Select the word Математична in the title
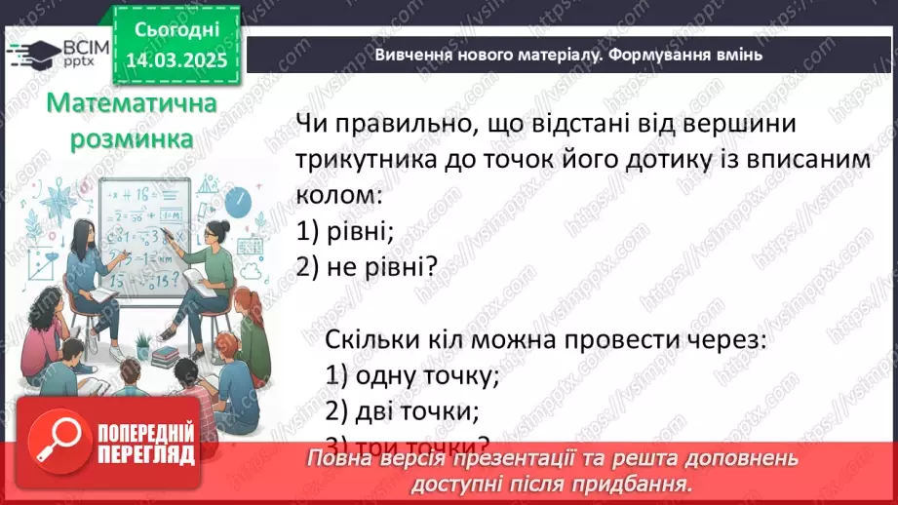click(x=132, y=104)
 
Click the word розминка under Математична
click(x=132, y=139)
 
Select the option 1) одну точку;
click(x=413, y=374)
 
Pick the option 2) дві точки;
click(x=404, y=409)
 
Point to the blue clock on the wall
click(x=237, y=201)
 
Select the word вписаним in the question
click(x=800, y=160)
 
